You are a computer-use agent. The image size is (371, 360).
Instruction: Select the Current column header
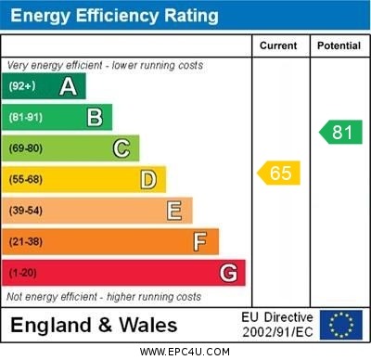pos(278,45)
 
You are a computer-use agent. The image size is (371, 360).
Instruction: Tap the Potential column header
pos(339,45)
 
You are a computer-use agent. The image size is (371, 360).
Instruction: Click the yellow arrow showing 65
pos(279,173)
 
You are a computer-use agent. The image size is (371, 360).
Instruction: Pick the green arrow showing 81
pos(340,132)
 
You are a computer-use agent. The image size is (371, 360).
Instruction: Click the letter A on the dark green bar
pos(68,86)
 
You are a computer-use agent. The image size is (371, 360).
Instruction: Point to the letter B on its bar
pos(95,117)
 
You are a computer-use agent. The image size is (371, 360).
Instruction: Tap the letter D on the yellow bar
pos(147,179)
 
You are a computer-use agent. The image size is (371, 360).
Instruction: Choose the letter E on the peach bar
pos(174,211)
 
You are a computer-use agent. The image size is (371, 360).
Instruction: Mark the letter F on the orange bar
pos(199,242)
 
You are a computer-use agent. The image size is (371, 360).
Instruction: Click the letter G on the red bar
pos(228,273)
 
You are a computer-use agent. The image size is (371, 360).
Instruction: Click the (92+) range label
pos(24,86)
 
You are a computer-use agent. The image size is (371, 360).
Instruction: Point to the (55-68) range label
pos(26,179)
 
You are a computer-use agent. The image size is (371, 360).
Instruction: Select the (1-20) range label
pos(23,274)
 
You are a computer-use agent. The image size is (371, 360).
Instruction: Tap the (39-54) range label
pos(26,211)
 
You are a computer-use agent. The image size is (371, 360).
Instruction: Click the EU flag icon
pos(341,325)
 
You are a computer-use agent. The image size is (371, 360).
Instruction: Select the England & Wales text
pos(94,326)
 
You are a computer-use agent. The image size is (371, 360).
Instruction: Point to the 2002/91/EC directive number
pos(277,331)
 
